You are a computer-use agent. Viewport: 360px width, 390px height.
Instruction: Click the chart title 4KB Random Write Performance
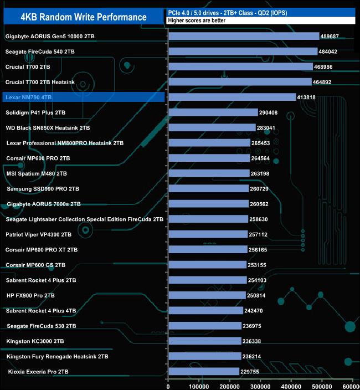click(x=83, y=17)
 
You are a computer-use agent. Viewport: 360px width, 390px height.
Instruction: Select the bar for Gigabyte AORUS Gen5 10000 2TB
click(x=243, y=37)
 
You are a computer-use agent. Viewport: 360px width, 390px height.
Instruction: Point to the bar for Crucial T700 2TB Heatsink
click(x=239, y=82)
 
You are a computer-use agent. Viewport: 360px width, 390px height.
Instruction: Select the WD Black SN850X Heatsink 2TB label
click(x=48, y=127)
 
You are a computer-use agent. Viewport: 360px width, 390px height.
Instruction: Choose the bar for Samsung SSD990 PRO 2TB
click(x=208, y=188)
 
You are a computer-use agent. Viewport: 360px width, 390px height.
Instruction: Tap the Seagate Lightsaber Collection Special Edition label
click(x=84, y=219)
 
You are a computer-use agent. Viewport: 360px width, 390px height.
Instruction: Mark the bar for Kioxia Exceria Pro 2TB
click(x=203, y=371)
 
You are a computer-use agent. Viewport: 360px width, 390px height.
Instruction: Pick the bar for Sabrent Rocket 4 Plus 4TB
click(x=205, y=310)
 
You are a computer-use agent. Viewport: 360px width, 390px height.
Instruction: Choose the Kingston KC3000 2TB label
click(x=35, y=341)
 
